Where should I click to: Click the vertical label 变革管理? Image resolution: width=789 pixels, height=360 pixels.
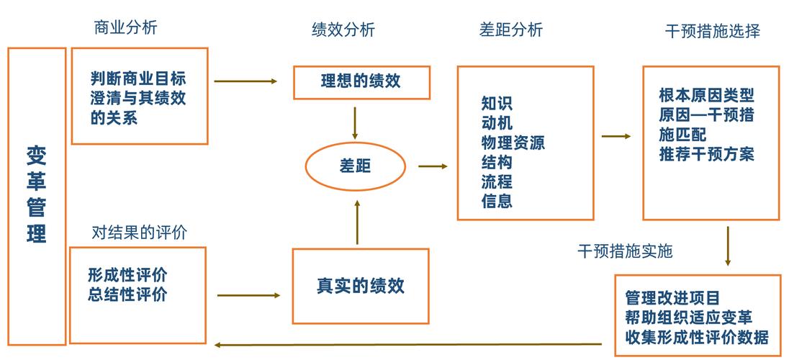[36, 194]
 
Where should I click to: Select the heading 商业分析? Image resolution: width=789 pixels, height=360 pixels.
[125, 28]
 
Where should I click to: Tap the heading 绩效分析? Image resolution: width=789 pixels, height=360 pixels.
[343, 30]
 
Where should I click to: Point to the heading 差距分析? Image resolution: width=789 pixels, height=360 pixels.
[511, 30]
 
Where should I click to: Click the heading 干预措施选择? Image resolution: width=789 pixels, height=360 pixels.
[713, 31]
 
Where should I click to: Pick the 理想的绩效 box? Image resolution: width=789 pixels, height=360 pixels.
[361, 81]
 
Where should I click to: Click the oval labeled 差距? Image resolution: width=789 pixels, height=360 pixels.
[354, 166]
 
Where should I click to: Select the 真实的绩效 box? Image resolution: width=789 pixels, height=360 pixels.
[361, 285]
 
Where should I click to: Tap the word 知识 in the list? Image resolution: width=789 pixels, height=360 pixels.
[497, 104]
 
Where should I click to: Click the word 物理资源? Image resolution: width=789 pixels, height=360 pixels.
[513, 143]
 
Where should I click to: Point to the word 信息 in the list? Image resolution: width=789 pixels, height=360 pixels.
[497, 201]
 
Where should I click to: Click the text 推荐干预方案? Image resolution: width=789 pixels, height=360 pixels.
[706, 153]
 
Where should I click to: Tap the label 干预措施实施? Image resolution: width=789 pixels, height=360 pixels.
[625, 251]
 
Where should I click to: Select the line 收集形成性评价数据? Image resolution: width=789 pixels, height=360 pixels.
[696, 336]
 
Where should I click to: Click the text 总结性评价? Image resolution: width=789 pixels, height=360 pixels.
[127, 294]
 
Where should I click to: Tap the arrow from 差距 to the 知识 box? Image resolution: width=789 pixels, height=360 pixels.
[433, 166]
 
